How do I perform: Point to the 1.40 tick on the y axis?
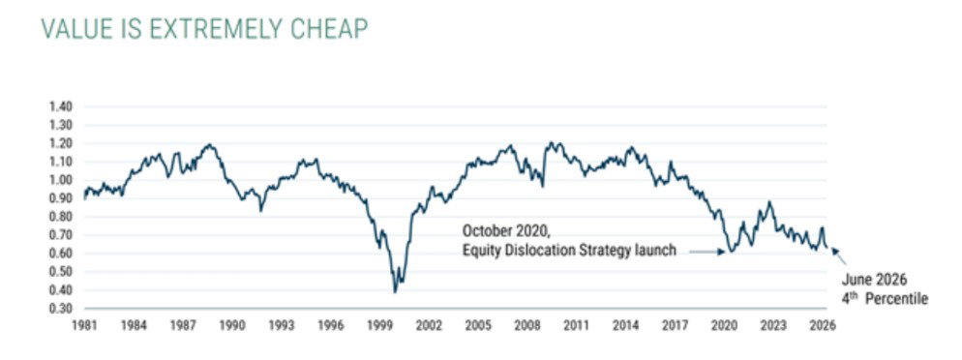pyautogui.click(x=61, y=106)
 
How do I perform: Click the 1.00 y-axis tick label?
pyautogui.click(x=61, y=180)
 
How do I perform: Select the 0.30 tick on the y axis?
pyautogui.click(x=61, y=309)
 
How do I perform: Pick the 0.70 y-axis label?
pyautogui.click(x=61, y=235)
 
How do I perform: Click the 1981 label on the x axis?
pyautogui.click(x=85, y=325)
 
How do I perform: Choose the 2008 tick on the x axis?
pyautogui.click(x=528, y=325)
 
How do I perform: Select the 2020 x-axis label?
pyautogui.click(x=725, y=325)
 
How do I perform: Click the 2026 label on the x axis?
pyautogui.click(x=824, y=325)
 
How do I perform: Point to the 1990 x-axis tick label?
pyautogui.click(x=232, y=325)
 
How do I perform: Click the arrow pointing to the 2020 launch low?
pyautogui.click(x=703, y=251)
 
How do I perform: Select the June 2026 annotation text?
pyautogui.click(x=874, y=280)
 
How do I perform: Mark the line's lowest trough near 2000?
pyautogui.click(x=395, y=292)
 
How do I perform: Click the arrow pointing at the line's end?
pyautogui.click(x=838, y=255)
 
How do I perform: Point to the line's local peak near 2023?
pyautogui.click(x=769, y=201)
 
